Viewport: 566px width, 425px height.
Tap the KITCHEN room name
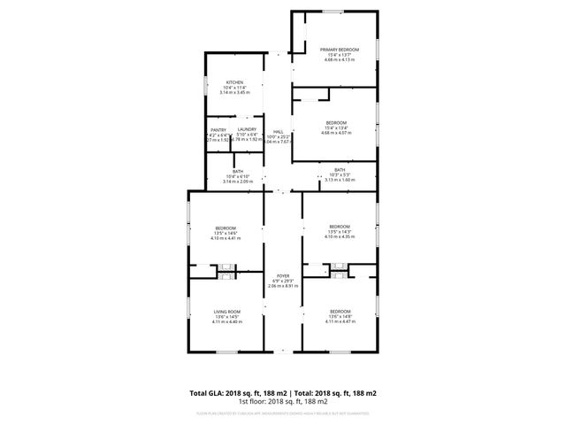(x=234, y=82)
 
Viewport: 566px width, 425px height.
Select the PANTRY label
(x=218, y=130)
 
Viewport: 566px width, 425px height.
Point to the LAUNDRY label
(x=247, y=130)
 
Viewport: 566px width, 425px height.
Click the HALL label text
(x=278, y=130)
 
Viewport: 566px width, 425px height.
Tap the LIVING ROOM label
(x=226, y=312)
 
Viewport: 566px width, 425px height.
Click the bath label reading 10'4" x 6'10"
(x=238, y=176)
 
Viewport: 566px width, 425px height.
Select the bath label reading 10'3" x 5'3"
(x=340, y=174)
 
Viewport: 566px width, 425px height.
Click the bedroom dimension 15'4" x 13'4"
(x=336, y=127)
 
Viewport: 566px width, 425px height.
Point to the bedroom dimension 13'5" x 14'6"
(x=226, y=233)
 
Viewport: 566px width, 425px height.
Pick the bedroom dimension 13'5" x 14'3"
(x=340, y=231)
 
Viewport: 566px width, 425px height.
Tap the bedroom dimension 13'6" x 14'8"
(x=340, y=317)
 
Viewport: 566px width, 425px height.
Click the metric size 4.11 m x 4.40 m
(x=226, y=321)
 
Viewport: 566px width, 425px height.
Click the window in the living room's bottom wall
(x=226, y=352)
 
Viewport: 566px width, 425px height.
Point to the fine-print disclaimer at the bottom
(x=283, y=413)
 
